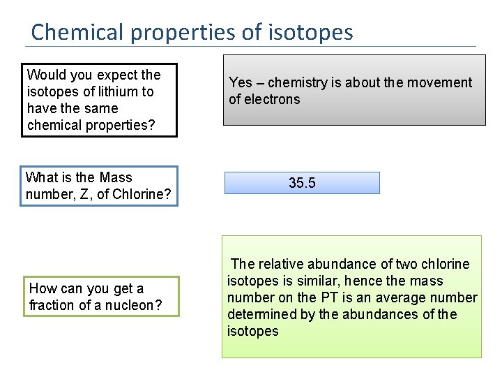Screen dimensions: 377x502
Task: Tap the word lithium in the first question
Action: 117,91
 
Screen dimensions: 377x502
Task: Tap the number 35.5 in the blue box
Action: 302,183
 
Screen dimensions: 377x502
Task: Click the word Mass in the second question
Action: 116,177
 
